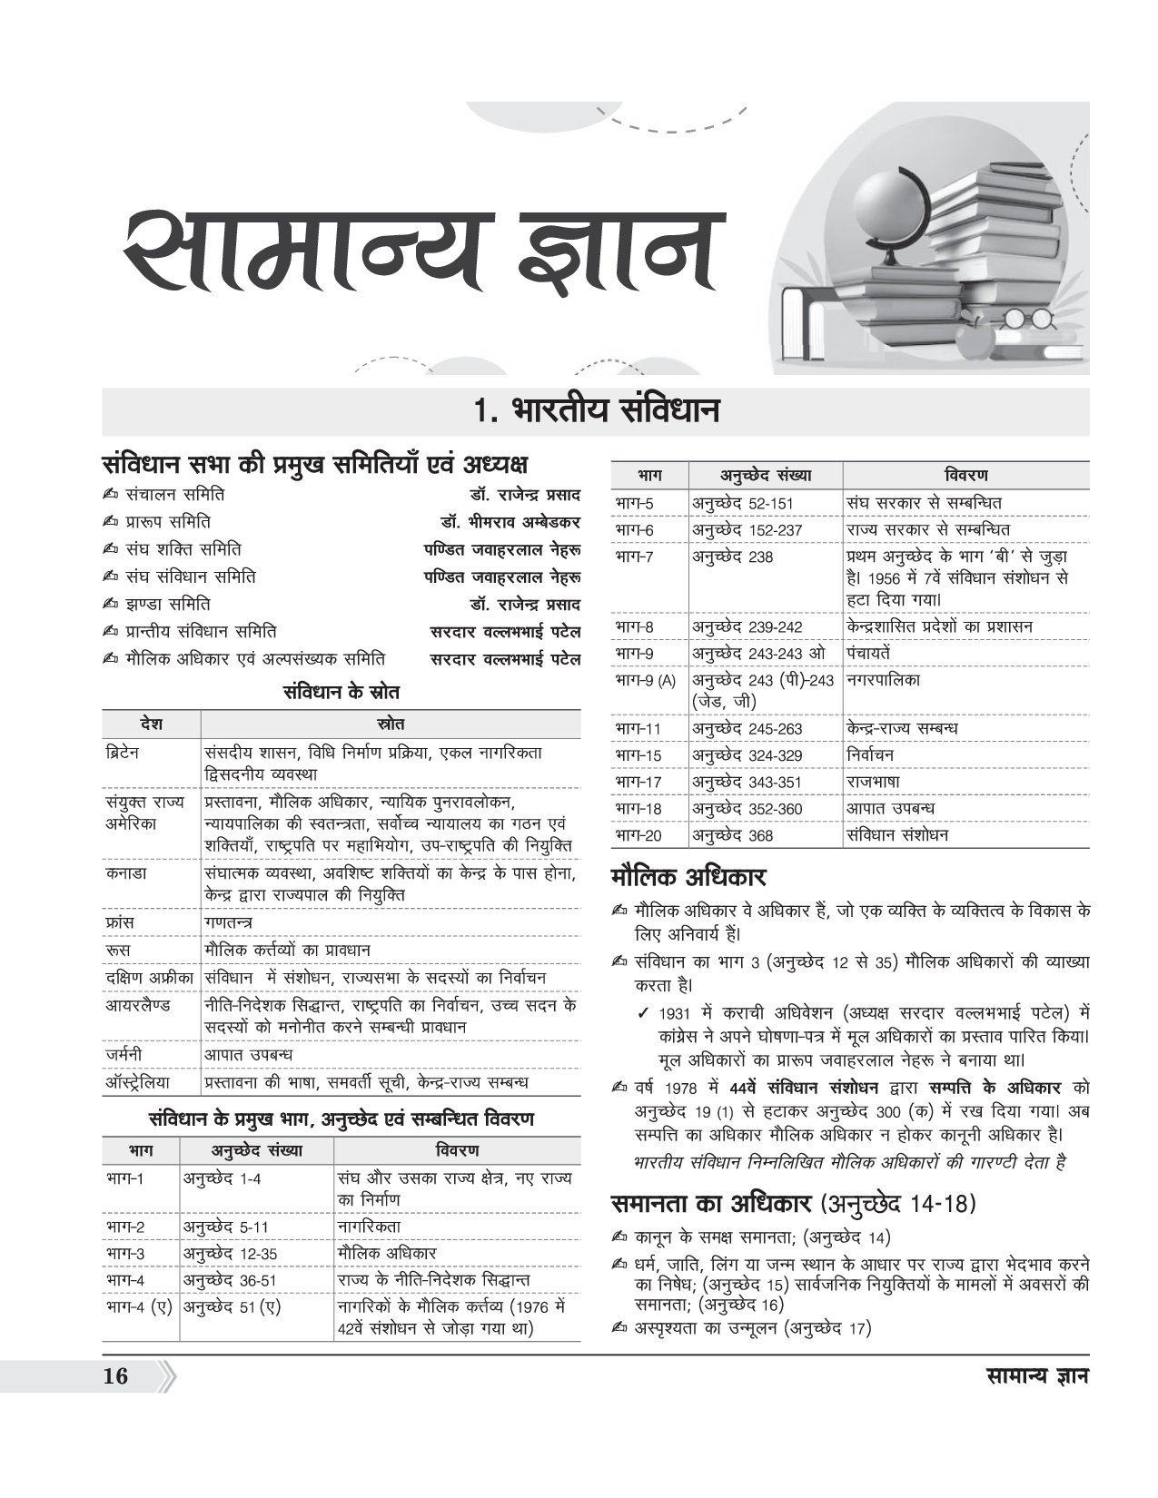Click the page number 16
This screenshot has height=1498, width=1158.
[x=115, y=1375]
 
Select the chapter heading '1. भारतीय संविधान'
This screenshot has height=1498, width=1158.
[x=596, y=410]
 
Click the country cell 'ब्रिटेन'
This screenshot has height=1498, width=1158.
[x=122, y=754]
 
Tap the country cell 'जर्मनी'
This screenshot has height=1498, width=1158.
[x=124, y=1055]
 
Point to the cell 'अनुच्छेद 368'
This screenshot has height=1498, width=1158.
[x=732, y=835]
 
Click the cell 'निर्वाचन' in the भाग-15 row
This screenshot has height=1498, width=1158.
[x=869, y=755]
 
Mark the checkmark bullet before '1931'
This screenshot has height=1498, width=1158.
[x=643, y=1013]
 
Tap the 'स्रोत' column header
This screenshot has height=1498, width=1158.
[x=391, y=724]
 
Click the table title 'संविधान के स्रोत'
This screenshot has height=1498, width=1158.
[x=341, y=692]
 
